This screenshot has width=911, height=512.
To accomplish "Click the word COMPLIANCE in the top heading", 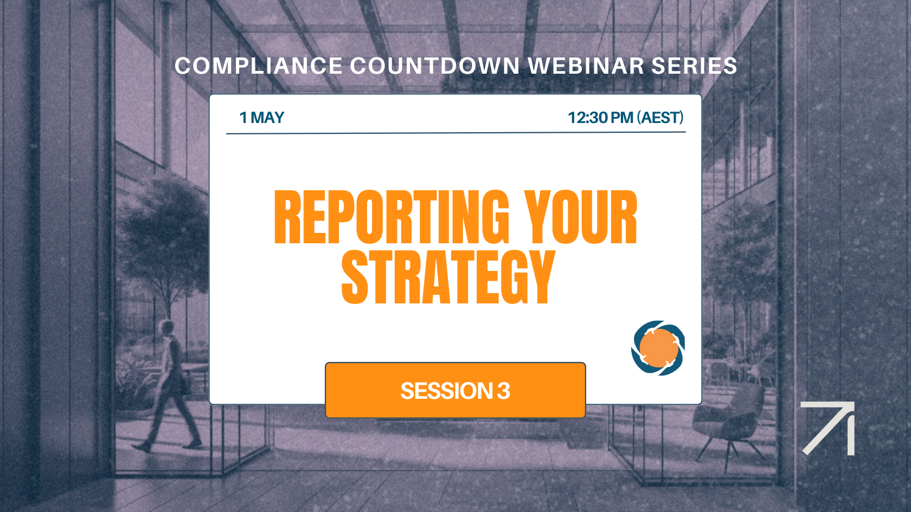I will click(x=258, y=66).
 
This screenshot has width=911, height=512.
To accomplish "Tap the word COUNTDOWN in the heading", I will click(x=435, y=66).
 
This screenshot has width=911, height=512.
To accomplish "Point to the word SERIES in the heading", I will click(x=694, y=66).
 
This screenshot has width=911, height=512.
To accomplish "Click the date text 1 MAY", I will click(x=262, y=118).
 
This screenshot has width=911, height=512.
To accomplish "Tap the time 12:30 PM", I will click(x=600, y=118).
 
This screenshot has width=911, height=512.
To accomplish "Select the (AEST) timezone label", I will click(x=660, y=118).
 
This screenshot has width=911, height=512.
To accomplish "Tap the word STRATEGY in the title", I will click(x=448, y=277).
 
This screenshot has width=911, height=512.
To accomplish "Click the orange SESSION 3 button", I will click(x=455, y=390).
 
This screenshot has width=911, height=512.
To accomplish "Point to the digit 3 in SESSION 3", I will click(x=504, y=391).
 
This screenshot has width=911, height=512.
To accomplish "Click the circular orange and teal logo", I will click(x=658, y=348).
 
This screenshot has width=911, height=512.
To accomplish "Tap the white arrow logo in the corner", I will click(x=829, y=428).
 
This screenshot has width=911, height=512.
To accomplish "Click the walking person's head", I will click(x=166, y=328).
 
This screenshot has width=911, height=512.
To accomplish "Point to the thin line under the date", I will click(x=455, y=133).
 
